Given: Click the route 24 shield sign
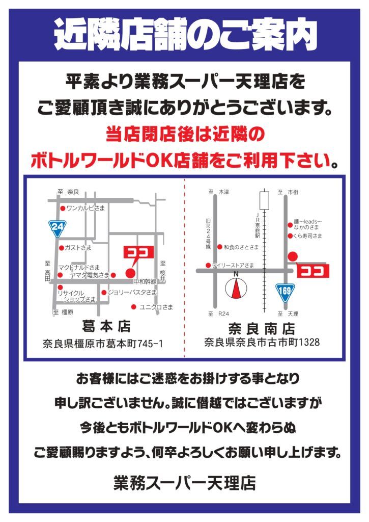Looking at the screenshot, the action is click(58, 228).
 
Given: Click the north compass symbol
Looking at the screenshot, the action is click(236, 287).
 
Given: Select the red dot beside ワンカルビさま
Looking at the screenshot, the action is click(63, 208).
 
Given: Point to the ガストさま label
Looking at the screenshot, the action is click(78, 248).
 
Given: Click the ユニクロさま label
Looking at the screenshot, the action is click(156, 307).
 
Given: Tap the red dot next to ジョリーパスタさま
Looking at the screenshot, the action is click(104, 293).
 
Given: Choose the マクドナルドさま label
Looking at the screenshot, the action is click(79, 267).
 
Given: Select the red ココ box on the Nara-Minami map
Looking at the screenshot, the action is click(313, 271).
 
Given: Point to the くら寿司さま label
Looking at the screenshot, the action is click(307, 236).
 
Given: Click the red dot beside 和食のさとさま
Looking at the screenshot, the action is click(220, 247).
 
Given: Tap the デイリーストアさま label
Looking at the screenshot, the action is click(233, 265).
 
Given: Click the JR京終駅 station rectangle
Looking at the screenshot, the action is click(264, 200).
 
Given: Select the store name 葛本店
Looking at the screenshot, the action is click(106, 327).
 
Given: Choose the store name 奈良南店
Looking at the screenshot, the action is click(262, 329).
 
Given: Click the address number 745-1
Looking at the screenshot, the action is click(150, 343).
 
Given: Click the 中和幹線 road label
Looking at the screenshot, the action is click(145, 281).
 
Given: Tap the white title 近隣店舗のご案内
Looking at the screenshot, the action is click(185, 35).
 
